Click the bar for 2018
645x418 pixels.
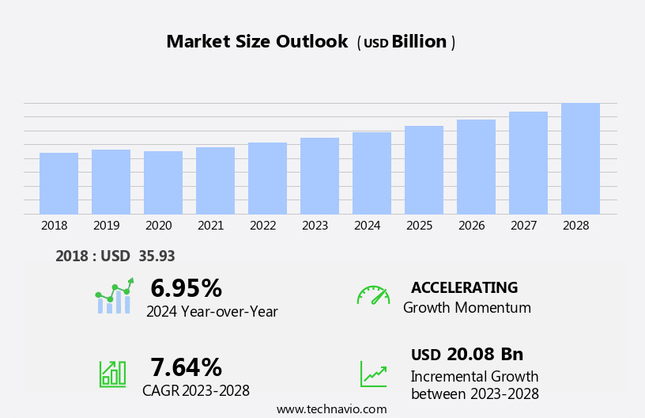pos(58,183)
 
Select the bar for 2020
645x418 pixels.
pos(163,182)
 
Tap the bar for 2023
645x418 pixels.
pos(319,176)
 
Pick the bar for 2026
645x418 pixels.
pos(476,166)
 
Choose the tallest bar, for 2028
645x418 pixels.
pos(580,158)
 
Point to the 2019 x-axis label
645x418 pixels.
pos(107,226)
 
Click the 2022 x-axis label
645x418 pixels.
pos(263,226)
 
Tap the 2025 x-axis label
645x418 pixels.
pos(420,226)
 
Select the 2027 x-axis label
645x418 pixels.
pos(524,226)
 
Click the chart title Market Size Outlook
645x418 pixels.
pos(257,42)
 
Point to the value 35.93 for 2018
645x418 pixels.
pos(156,256)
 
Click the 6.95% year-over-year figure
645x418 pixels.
pos(186,288)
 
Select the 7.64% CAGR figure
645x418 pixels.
pos(186,367)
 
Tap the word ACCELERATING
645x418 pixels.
pos(464,287)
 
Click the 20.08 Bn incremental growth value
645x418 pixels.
pos(485,354)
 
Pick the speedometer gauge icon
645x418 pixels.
pos(373,295)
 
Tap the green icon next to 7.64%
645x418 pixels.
pos(112,373)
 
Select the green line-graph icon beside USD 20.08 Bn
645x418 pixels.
pos(373,374)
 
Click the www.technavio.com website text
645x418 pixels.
pos(331,409)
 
